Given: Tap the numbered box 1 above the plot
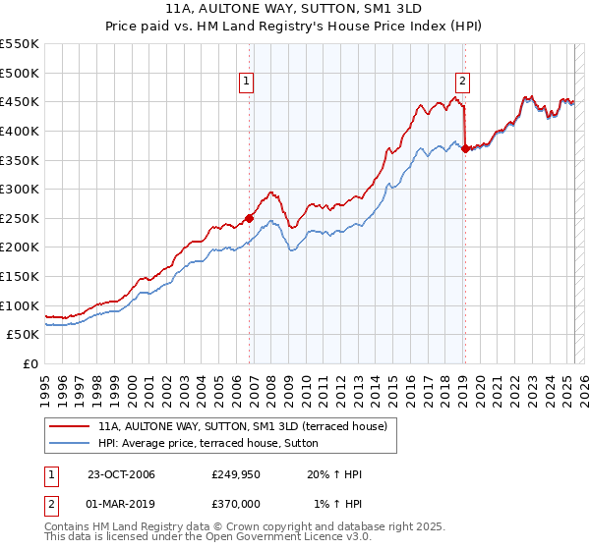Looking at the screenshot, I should click(x=245, y=82).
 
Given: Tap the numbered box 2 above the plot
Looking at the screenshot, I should click(x=461, y=82).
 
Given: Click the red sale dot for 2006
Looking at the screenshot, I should click(x=250, y=218).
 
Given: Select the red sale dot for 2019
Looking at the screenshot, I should click(x=465, y=148).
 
